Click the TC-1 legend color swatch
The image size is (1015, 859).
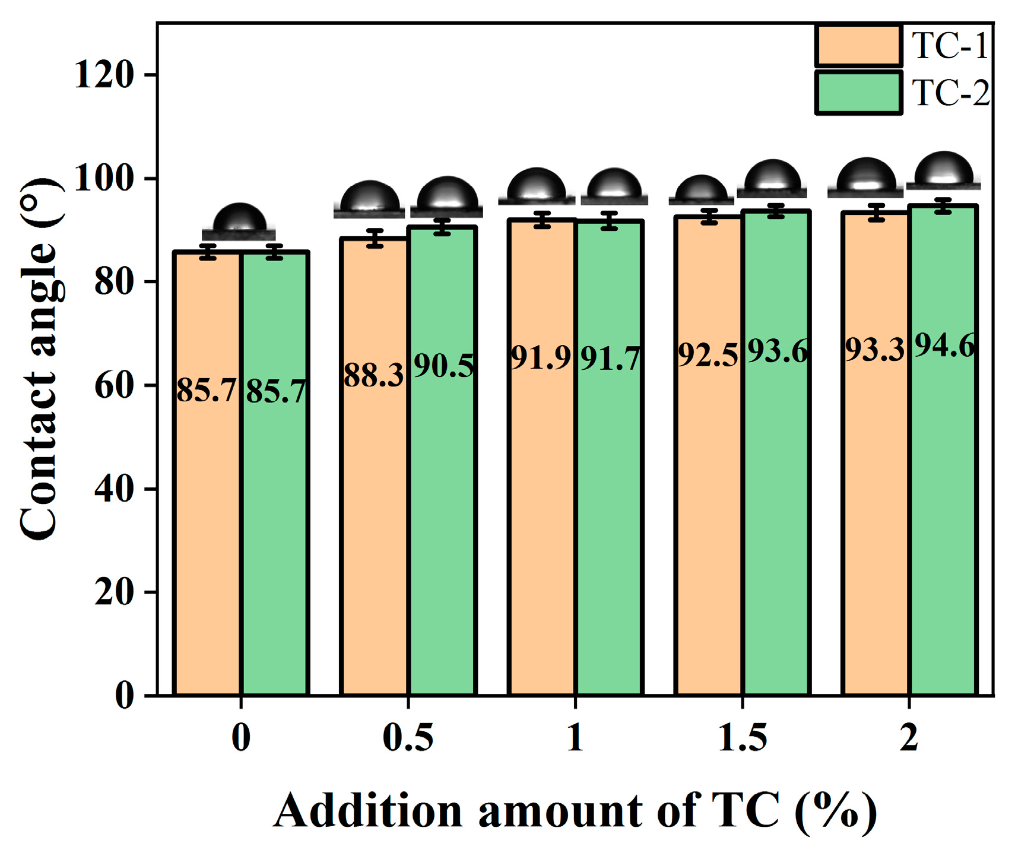tap(858, 46)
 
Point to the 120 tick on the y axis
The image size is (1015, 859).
tap(104, 75)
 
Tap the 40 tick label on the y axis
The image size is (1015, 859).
tap(113, 489)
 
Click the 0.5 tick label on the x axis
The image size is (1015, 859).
tap(408, 738)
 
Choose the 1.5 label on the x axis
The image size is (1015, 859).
tap(742, 738)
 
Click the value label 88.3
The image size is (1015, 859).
tap(373, 375)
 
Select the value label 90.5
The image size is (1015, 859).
tap(443, 366)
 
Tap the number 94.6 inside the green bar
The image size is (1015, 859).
tap(944, 345)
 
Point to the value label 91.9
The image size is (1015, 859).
tap(541, 358)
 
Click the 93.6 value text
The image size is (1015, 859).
tap(777, 351)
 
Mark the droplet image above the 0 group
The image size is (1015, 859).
tap(239, 221)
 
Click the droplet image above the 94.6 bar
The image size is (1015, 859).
tap(944, 170)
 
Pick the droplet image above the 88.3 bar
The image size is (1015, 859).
tap(369, 199)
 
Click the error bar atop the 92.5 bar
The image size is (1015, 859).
tap(709, 217)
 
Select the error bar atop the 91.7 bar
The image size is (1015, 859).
tap(610, 221)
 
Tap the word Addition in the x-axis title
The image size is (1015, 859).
tap(368, 811)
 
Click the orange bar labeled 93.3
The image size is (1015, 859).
tap(876, 475)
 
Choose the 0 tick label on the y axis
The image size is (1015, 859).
tap(124, 695)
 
